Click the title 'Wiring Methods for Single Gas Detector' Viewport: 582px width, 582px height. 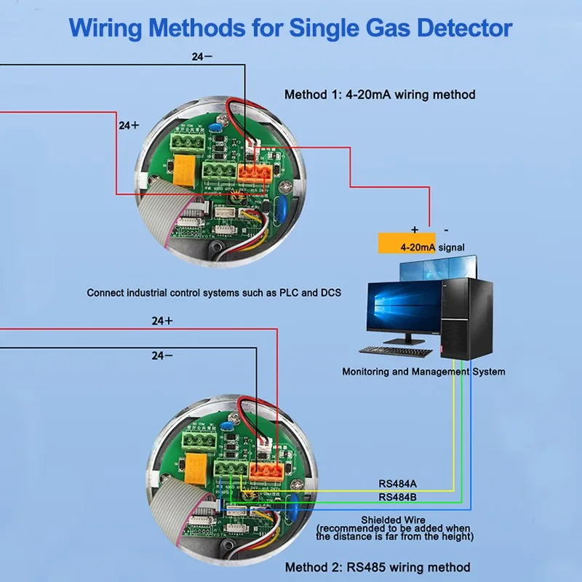point(291,28)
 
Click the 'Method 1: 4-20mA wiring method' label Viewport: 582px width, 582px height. point(379,95)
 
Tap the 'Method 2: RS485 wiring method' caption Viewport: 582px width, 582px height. point(377,567)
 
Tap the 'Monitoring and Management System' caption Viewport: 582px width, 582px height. point(423,372)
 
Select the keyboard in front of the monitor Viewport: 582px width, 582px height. point(396,351)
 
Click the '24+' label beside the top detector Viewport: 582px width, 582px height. point(129,125)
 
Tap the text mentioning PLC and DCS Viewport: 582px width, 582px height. point(214,293)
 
